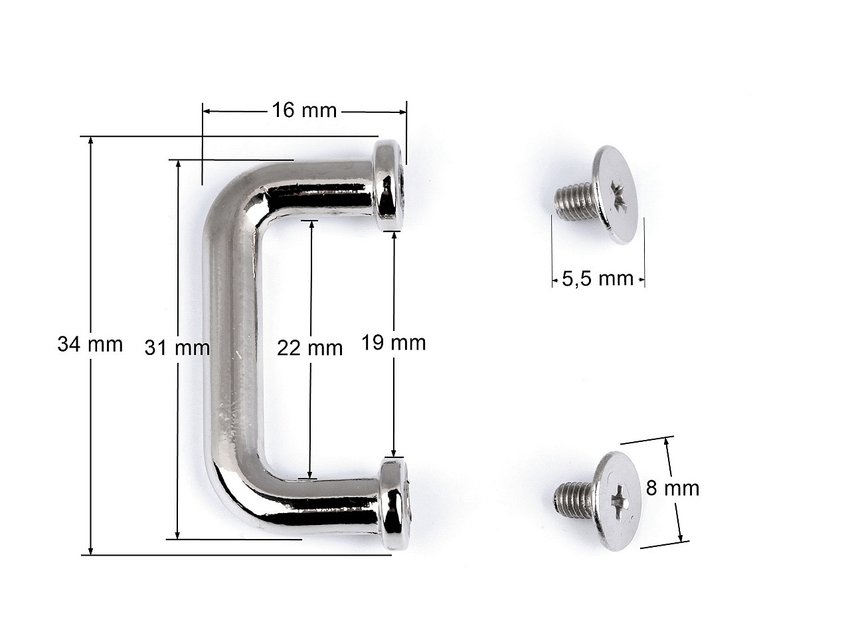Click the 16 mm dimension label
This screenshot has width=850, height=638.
point(303,110)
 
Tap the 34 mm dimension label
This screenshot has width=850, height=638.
point(90,344)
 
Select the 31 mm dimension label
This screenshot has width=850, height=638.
point(177,348)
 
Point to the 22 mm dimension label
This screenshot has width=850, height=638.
point(309,348)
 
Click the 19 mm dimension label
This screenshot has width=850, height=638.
point(393,343)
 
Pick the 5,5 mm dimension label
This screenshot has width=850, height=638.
point(598,278)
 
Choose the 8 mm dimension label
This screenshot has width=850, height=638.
point(672,488)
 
